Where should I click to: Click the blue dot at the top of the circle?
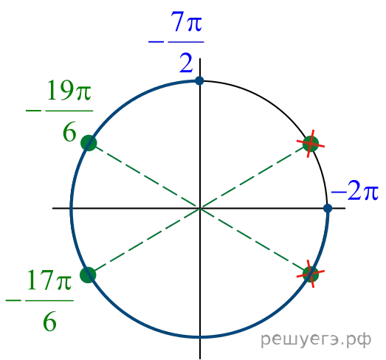click(x=199, y=80)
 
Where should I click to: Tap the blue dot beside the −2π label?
click(x=328, y=208)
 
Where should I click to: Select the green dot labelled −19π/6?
click(x=89, y=142)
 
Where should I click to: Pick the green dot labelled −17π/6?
click(x=88, y=275)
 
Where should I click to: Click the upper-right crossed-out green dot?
click(x=311, y=143)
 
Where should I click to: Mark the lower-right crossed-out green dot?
click(x=311, y=274)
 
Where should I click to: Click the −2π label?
click(x=355, y=192)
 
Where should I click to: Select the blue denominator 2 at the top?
click(x=186, y=63)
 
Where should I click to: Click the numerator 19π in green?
click(x=69, y=90)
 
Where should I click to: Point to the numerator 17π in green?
click(x=49, y=280)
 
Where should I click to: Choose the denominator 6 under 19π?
click(x=69, y=132)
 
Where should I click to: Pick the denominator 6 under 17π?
click(x=49, y=322)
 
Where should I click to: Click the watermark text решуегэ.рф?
click(x=316, y=340)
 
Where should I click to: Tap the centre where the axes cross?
click(x=200, y=208)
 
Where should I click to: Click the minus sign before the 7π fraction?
click(x=156, y=42)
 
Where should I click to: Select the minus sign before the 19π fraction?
click(x=33, y=111)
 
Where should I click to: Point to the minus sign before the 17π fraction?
click(x=13, y=300)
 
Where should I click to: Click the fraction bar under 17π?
click(x=49, y=300)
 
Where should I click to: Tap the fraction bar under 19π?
click(x=69, y=111)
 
